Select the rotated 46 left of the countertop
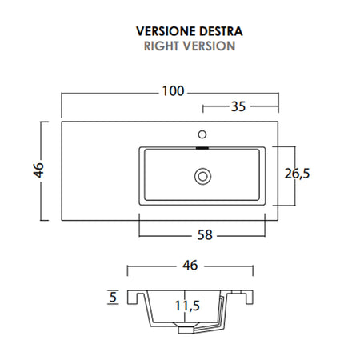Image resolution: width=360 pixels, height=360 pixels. click(38, 170)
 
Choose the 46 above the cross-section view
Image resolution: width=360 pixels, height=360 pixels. click(190, 265)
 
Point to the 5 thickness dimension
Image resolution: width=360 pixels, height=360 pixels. click(112, 298)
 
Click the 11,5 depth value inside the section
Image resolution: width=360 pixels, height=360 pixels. click(186, 304)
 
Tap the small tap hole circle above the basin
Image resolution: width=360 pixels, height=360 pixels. click(202, 133)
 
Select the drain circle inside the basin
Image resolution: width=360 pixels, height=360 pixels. click(202, 174)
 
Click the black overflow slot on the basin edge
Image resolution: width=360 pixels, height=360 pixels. click(202, 147)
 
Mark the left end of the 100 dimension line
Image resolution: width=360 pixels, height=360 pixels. click(63, 91)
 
